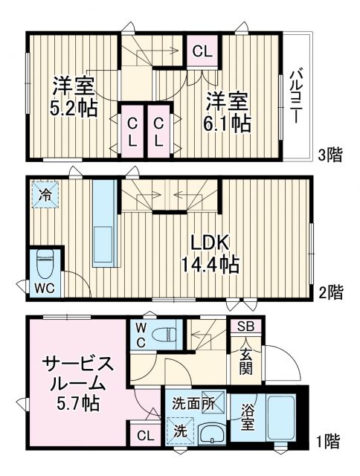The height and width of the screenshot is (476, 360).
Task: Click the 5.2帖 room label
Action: [73, 97]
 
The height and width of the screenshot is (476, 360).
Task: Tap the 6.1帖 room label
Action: [227, 111]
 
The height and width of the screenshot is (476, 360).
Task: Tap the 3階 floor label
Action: [331, 155]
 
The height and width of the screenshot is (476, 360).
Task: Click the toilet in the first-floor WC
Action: [167, 332]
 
